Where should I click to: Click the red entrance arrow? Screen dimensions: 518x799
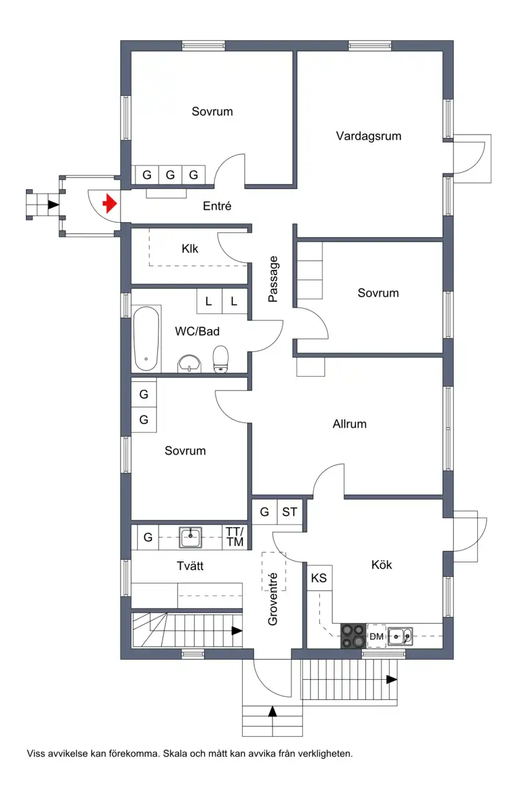click(x=110, y=204)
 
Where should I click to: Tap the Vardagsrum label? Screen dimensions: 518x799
click(x=368, y=136)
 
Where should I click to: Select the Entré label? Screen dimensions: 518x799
click(x=217, y=206)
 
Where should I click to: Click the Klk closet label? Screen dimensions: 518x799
click(x=190, y=249)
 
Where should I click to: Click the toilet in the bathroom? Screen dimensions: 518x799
click(x=220, y=359)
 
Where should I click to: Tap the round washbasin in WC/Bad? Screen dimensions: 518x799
click(x=190, y=363)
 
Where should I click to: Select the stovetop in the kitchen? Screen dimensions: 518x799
click(x=354, y=636)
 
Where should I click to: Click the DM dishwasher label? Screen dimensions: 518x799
click(x=376, y=636)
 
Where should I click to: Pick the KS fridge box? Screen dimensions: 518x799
click(x=319, y=578)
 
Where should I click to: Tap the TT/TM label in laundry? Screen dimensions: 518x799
click(x=235, y=537)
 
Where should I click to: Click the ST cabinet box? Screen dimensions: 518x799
click(x=289, y=512)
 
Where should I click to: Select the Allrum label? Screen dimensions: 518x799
click(x=350, y=423)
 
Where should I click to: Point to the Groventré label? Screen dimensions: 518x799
click(x=273, y=600)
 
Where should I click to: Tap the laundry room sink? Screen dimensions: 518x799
click(x=190, y=537)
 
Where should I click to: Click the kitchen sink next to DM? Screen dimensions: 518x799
click(x=400, y=636)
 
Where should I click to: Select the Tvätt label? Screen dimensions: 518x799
click(x=190, y=566)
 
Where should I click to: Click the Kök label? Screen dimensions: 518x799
click(x=381, y=565)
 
